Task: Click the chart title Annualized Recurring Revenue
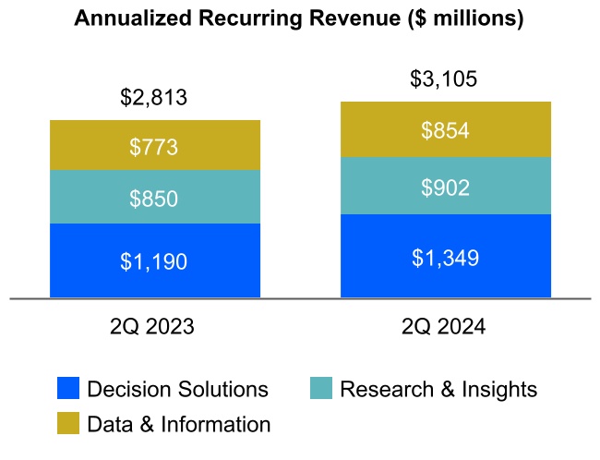(299, 18)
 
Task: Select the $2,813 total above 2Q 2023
(154, 96)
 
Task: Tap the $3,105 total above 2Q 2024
(444, 79)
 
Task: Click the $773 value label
(154, 146)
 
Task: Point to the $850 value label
(154, 198)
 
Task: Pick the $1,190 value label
(154, 261)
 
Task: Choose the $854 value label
(445, 130)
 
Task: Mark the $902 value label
(445, 188)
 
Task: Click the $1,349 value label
(445, 257)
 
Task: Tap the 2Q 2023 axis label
(154, 326)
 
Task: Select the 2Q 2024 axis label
(445, 326)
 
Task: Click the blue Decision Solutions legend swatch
(68, 389)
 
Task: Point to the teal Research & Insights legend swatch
(320, 389)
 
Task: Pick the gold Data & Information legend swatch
(68, 424)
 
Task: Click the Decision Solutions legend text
(177, 389)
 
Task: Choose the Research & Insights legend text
(438, 389)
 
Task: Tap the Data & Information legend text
(179, 424)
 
